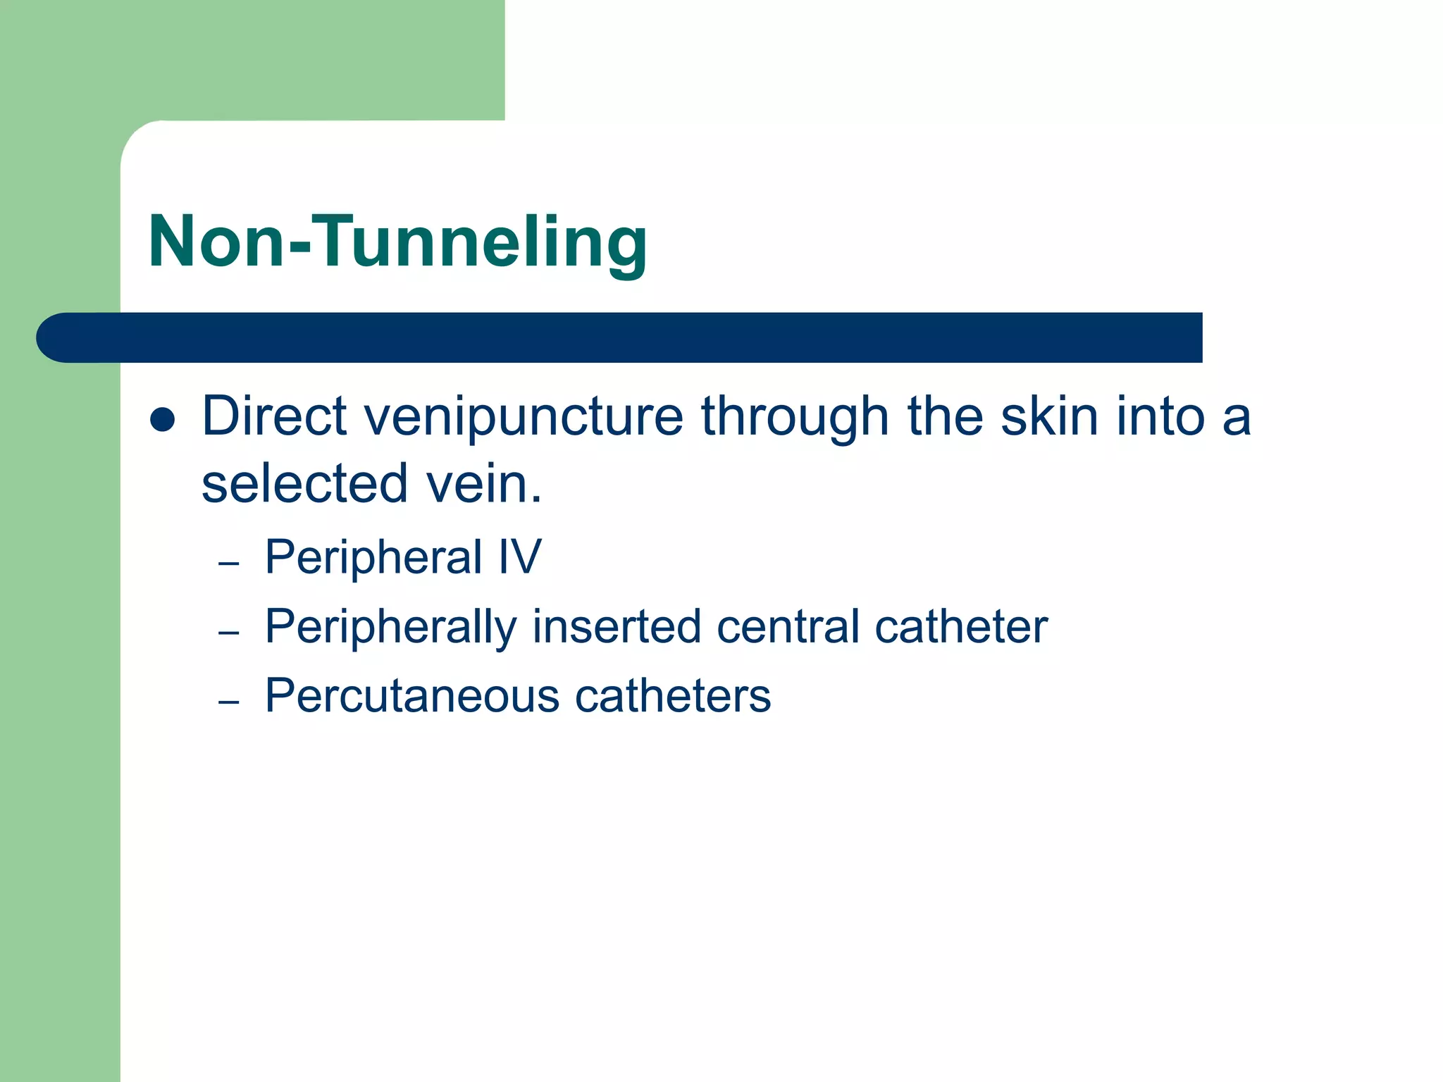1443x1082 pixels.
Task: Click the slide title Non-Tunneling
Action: [397, 242]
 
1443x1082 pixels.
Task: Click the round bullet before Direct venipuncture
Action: [163, 419]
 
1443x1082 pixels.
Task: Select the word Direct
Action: [274, 416]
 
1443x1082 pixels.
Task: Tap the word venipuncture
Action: [524, 418]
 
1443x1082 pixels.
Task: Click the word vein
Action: [484, 484]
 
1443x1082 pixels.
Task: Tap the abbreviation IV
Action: [520, 556]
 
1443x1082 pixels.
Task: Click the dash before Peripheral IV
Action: [229, 564]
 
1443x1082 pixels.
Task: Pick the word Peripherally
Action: [391, 628]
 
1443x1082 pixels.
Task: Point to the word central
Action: [788, 626]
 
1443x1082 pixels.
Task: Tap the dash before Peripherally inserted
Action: [229, 633]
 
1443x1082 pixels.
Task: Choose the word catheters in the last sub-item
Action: [673, 697]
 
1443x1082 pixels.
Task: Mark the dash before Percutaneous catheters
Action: [229, 702]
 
